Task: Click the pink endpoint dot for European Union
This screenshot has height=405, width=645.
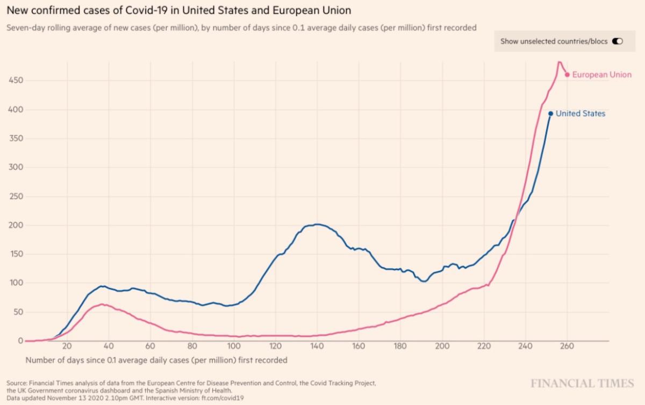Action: point(567,75)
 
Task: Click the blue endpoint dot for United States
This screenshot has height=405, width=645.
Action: point(550,113)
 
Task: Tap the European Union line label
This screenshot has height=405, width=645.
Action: point(601,75)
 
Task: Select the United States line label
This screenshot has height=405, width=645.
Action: point(580,113)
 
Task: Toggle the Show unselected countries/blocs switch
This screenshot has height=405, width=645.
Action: point(617,41)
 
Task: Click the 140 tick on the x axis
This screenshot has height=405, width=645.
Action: point(317,346)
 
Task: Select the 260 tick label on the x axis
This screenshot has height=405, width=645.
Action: point(568,346)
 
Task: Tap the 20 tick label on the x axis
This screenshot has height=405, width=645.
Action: point(67,346)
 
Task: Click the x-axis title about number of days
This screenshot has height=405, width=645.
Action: point(156,360)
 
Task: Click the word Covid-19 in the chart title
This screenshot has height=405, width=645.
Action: point(144,10)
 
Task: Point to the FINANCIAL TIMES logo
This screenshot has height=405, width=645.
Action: point(582,384)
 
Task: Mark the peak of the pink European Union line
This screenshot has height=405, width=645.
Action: point(559,62)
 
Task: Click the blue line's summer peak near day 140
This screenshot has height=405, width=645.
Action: point(317,224)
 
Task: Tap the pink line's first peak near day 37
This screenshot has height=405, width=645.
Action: point(102,304)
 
